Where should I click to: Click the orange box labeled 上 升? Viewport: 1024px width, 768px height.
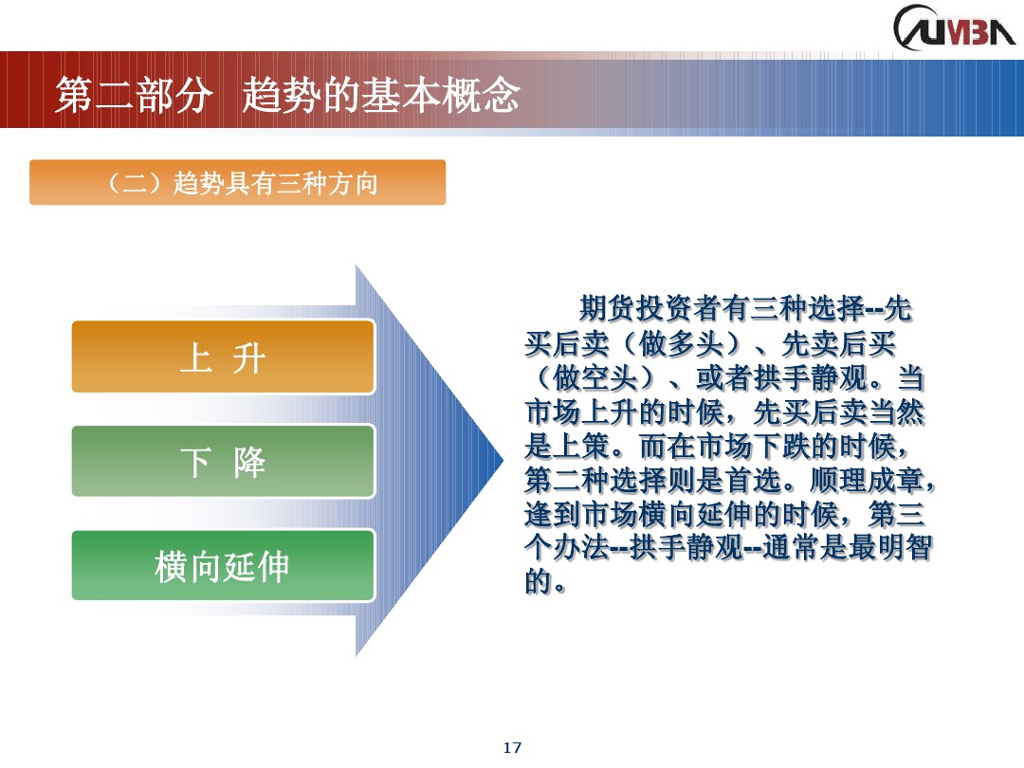coord(223,357)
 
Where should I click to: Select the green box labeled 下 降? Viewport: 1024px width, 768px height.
coord(223,462)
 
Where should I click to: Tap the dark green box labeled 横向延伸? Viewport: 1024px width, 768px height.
coord(223,566)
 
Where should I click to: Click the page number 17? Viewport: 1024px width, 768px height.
coord(512,748)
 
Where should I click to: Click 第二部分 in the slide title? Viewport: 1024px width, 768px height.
coord(131,96)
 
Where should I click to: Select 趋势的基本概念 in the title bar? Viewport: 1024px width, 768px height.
coord(381,96)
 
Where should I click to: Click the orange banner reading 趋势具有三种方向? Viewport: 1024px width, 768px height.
coord(237,183)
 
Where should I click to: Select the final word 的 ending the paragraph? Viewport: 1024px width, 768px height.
coord(538,582)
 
